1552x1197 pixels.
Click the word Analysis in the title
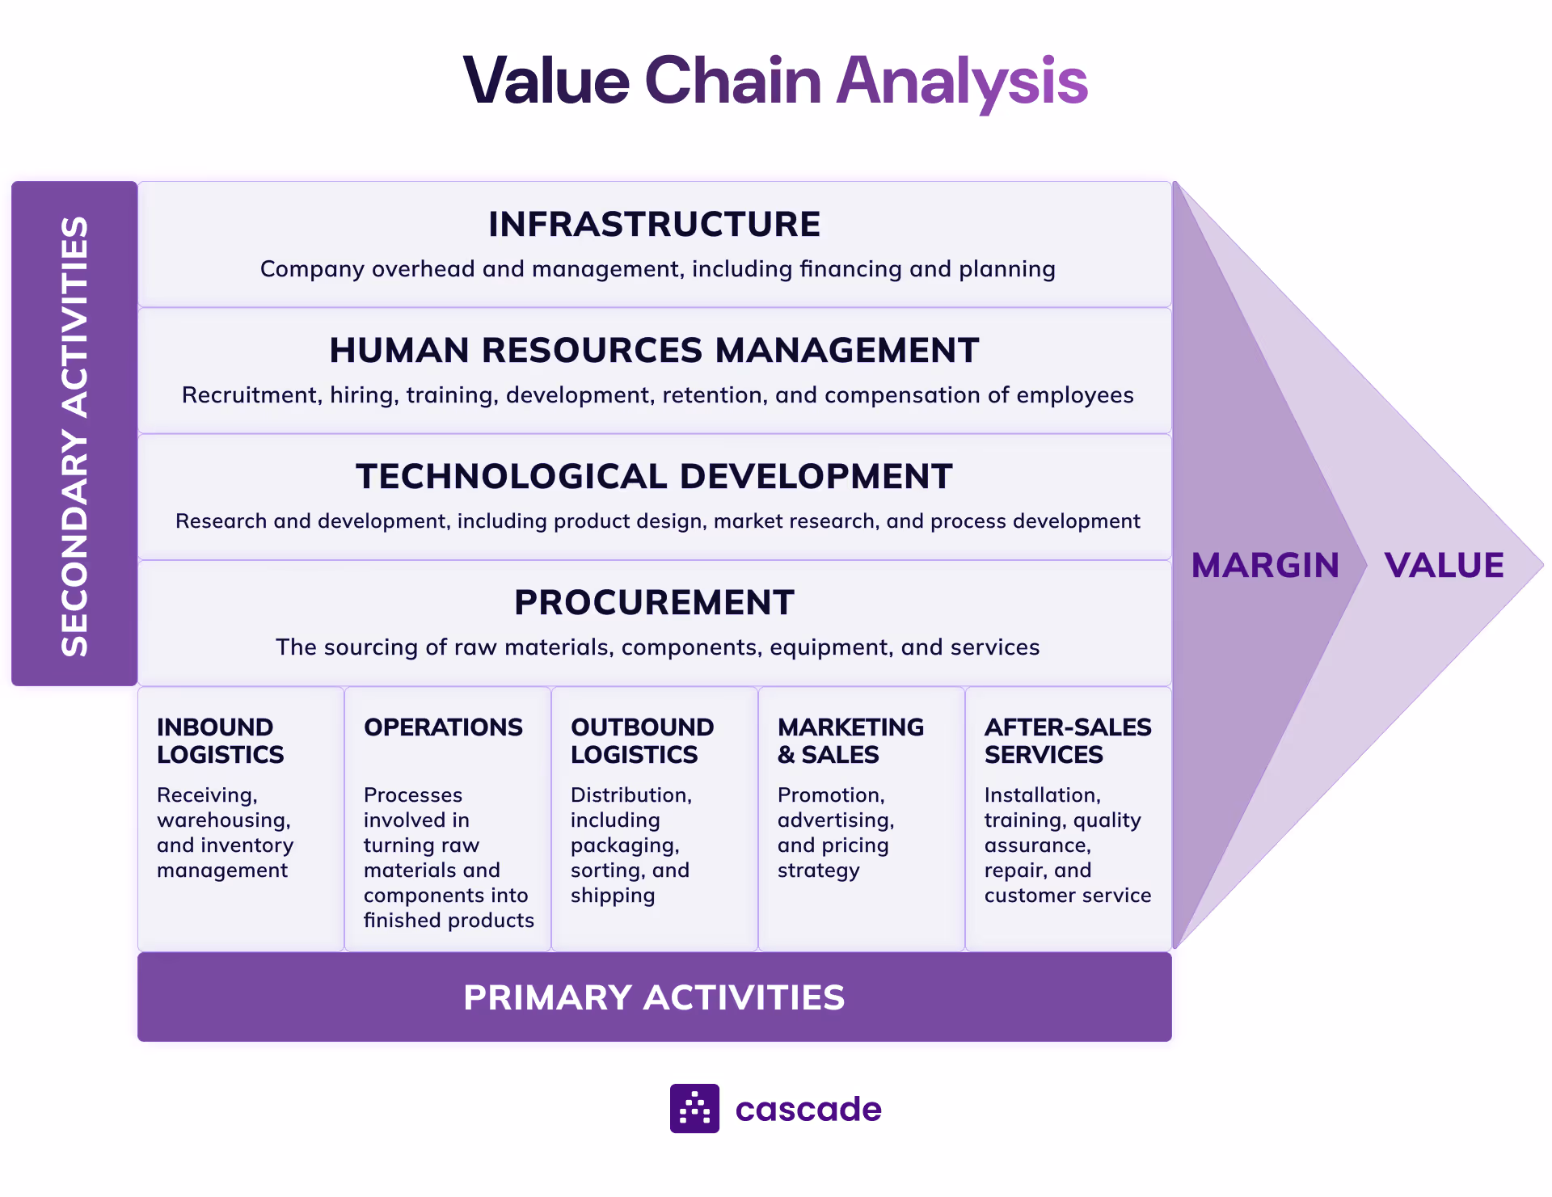coord(962,81)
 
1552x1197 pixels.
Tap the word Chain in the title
coord(732,81)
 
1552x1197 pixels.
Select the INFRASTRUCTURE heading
coord(654,225)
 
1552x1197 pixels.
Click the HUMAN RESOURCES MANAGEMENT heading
coord(654,351)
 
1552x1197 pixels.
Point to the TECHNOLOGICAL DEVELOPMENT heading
coord(654,477)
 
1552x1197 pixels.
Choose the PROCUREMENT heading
coord(654,603)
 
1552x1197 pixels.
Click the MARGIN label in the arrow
coord(1265,566)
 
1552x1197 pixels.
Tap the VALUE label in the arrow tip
coord(1444,566)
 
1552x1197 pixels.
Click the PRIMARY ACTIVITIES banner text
coord(654,997)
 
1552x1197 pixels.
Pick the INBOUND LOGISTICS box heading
coord(220,740)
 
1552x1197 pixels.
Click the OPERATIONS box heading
coord(443,727)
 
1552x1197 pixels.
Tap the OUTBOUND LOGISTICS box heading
coord(642,740)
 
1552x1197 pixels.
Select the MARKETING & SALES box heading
coord(850,740)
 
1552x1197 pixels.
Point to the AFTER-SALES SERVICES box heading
coord(1067,740)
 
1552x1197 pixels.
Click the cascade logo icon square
coord(694,1108)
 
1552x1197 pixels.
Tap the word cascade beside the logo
coord(808,1109)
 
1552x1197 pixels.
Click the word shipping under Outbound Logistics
coord(613,896)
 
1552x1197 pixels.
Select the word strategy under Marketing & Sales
coord(818,870)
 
